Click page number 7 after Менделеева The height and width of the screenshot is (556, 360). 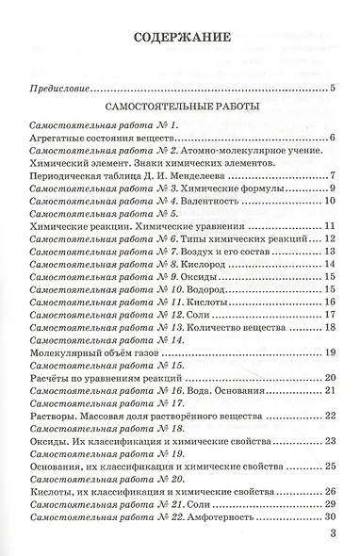tap(333, 175)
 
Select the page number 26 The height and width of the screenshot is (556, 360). tap(330, 491)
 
